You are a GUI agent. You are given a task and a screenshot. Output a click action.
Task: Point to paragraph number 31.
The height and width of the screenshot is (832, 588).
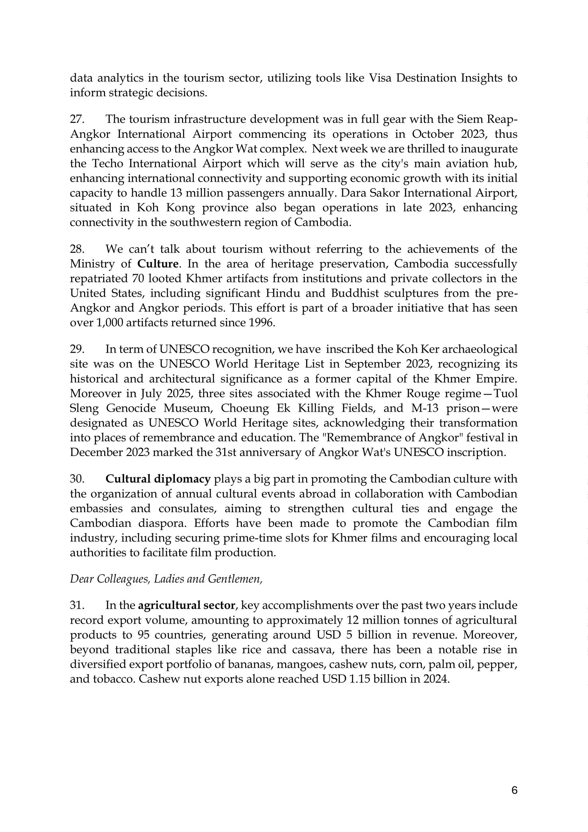(x=77, y=605)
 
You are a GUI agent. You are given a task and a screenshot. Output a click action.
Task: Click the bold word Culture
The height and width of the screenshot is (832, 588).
(x=158, y=264)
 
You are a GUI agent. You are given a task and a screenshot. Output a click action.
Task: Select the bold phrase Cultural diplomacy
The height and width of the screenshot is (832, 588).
(x=158, y=479)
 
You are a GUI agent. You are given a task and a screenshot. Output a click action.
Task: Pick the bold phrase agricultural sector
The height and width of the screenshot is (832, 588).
(x=187, y=605)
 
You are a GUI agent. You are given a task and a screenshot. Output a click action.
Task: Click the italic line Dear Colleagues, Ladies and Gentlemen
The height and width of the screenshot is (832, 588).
(x=166, y=579)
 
